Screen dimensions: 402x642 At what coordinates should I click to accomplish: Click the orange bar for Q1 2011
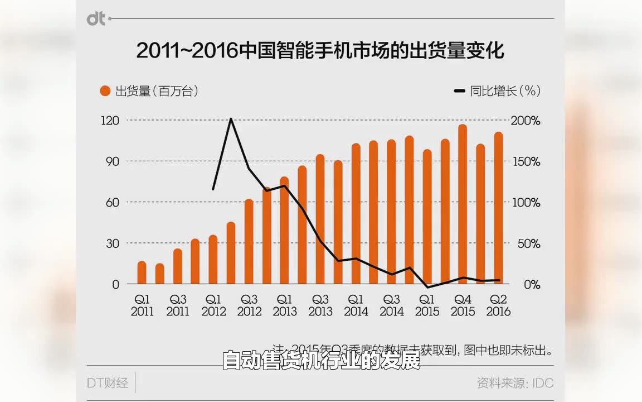(x=142, y=273)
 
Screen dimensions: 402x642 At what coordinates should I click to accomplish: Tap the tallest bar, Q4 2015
(x=463, y=204)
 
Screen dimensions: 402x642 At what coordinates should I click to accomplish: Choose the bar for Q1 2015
(x=427, y=217)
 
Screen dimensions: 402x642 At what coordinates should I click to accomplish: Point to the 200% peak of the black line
(x=231, y=119)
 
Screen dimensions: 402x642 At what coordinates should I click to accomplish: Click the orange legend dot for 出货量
(x=104, y=91)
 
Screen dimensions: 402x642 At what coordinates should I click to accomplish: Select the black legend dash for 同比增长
(x=460, y=91)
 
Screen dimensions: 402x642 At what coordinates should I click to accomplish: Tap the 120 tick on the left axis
(x=110, y=121)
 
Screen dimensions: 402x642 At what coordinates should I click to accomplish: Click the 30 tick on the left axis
(x=113, y=243)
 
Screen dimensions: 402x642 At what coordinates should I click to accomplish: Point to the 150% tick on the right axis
(x=526, y=162)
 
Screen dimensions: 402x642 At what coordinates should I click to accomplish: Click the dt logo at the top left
(x=96, y=18)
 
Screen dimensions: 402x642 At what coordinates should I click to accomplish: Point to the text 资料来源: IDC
(x=515, y=383)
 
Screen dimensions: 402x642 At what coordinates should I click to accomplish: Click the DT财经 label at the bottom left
(x=108, y=383)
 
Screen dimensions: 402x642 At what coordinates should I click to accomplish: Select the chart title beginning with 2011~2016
(x=320, y=51)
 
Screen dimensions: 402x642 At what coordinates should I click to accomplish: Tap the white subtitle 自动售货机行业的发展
(x=320, y=361)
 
